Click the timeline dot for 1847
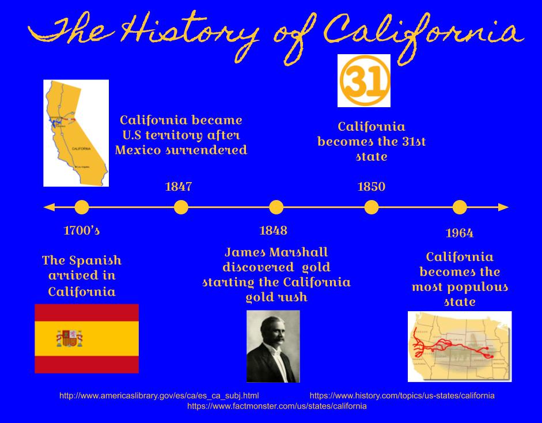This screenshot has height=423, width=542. pyautogui.click(x=181, y=207)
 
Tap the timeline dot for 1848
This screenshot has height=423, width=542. pyautogui.click(x=276, y=207)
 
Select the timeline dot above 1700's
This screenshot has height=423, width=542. pyautogui.click(x=82, y=207)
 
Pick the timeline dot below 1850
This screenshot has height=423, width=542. pyautogui.click(x=372, y=207)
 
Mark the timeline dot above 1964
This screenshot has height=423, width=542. pyautogui.click(x=460, y=207)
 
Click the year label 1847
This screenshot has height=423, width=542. pyautogui.click(x=179, y=187)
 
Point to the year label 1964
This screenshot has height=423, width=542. pyautogui.click(x=460, y=233)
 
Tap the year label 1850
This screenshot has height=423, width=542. pyautogui.click(x=372, y=187)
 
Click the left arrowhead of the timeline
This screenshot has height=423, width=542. pyautogui.click(x=49, y=207)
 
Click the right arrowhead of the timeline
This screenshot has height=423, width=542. pyautogui.click(x=503, y=207)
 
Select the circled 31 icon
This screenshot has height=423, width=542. pyautogui.click(x=363, y=81)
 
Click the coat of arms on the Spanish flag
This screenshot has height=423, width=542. pyautogui.click(x=69, y=338)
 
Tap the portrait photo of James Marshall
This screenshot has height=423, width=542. pyautogui.click(x=273, y=346)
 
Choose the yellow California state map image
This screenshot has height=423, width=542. pyautogui.click(x=76, y=133)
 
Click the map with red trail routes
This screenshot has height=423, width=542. pyautogui.click(x=459, y=346)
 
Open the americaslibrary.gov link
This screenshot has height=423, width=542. pyautogui.click(x=159, y=396)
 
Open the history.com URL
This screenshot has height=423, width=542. pyautogui.click(x=402, y=396)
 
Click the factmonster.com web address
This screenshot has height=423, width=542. pyautogui.click(x=277, y=406)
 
